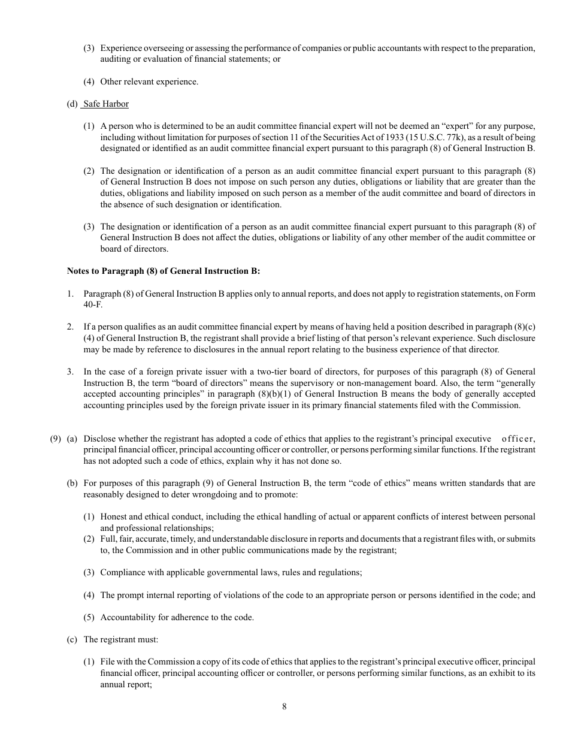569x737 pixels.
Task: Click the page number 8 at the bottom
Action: coord(284,706)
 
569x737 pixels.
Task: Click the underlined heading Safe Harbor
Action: coord(106,104)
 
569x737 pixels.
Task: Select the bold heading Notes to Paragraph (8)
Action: coord(164,271)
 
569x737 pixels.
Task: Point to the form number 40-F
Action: coord(92,304)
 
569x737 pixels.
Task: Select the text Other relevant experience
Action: coord(149,81)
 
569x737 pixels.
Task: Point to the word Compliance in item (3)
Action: coord(123,572)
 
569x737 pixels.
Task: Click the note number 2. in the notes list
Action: coord(70,327)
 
